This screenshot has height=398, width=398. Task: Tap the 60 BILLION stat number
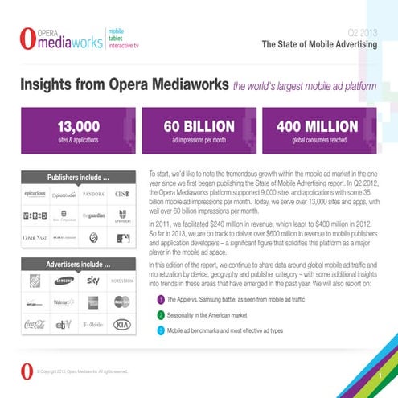[x=199, y=126]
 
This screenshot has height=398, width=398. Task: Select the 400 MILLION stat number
[x=319, y=126]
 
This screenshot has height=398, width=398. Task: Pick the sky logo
[x=93, y=280]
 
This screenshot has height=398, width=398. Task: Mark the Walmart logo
[x=64, y=302]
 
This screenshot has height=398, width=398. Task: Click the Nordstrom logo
[x=122, y=281]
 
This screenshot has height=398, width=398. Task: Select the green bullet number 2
[x=161, y=315]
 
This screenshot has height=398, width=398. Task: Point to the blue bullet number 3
[x=161, y=330]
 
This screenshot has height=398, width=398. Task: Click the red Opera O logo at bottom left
[x=29, y=371]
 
